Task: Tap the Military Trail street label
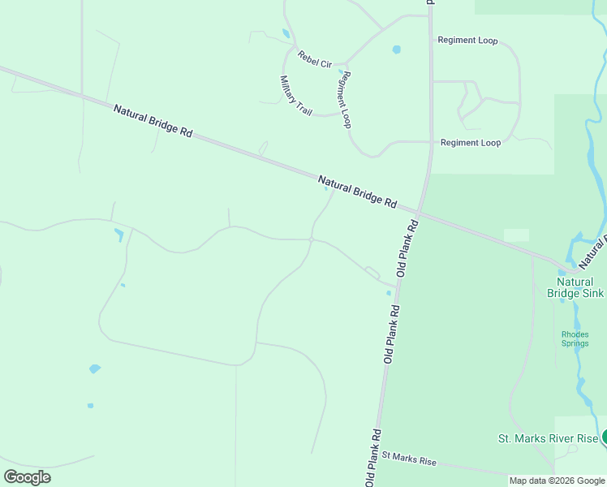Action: click(295, 95)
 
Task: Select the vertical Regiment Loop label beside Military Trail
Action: click(345, 99)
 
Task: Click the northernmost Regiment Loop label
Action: click(467, 40)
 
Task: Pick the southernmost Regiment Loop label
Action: click(471, 143)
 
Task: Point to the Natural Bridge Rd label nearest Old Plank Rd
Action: click(357, 191)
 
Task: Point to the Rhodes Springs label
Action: click(575, 338)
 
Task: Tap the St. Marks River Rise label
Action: click(548, 438)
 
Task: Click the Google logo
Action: click(27, 476)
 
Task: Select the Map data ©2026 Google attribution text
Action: click(557, 481)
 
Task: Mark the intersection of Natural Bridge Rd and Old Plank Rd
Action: click(418, 213)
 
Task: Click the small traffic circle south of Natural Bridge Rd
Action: click(312, 239)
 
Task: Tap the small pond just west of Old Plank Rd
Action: click(389, 293)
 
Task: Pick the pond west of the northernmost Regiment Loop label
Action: click(396, 50)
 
